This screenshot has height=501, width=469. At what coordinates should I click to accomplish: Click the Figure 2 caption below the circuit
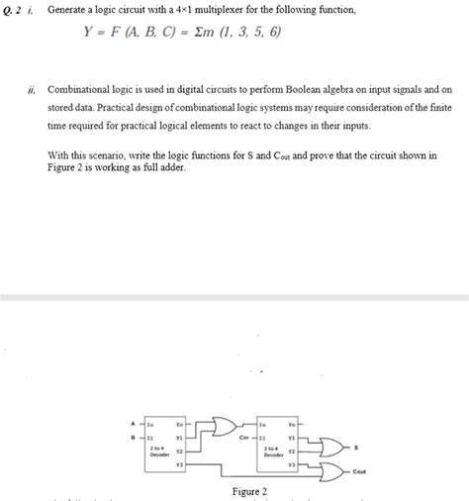248,492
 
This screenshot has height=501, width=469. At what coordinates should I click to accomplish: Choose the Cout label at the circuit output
358,471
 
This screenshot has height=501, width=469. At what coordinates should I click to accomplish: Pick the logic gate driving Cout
330,469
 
